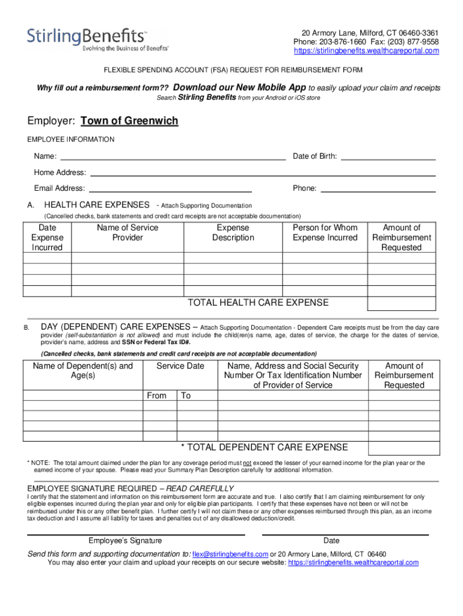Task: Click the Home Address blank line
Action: [262, 174]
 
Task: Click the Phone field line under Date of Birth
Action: [378, 191]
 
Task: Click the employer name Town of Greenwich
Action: [129, 121]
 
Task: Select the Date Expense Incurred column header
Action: [47, 238]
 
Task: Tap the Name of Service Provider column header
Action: [127, 233]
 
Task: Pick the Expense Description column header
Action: [233, 233]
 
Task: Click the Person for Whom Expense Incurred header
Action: [325, 233]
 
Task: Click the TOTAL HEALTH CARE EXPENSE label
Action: [259, 303]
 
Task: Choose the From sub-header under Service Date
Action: [157, 395]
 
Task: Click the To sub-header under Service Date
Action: [186, 395]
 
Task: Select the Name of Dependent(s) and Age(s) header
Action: [83, 371]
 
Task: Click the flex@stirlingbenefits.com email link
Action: [230, 554]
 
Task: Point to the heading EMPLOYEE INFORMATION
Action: [71, 140]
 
